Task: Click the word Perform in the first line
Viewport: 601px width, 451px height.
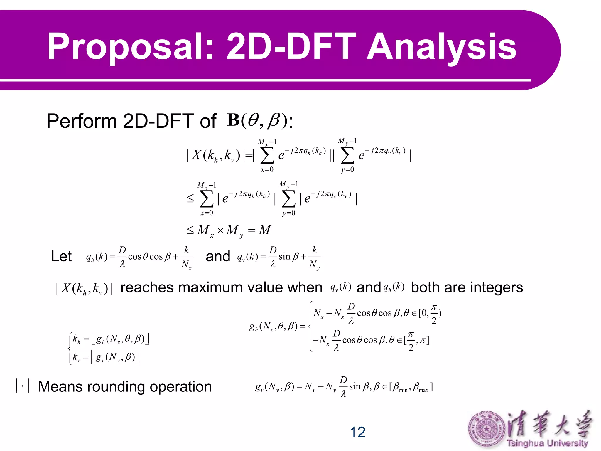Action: click(x=82, y=121)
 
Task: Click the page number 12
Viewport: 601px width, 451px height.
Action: click(x=357, y=432)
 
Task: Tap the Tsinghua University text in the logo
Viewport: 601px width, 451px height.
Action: click(x=547, y=443)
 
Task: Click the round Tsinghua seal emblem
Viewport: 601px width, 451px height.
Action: click(x=487, y=429)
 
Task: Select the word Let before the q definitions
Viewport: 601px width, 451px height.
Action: click(x=61, y=256)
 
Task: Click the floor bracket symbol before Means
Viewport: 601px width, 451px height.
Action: click(x=23, y=386)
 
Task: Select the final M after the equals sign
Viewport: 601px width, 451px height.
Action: click(x=264, y=230)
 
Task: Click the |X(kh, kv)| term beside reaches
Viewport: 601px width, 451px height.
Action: click(x=84, y=288)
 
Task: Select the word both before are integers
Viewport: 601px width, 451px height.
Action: click(x=425, y=287)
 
